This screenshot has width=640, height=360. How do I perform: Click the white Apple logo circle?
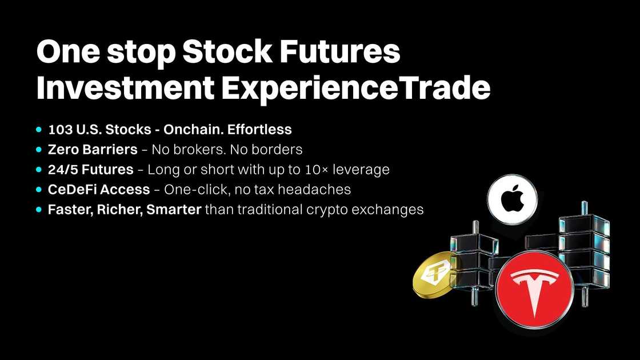[512, 199]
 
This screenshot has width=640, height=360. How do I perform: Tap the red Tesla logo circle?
[534, 289]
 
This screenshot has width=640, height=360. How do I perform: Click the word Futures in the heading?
[339, 51]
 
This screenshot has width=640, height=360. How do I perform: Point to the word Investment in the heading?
[125, 88]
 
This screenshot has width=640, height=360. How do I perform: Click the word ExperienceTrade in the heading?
[355, 89]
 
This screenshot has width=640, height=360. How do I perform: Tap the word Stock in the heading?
[227, 51]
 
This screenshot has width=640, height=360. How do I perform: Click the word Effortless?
[259, 129]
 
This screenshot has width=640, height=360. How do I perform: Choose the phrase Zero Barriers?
[93, 149]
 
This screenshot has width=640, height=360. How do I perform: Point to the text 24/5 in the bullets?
[63, 169]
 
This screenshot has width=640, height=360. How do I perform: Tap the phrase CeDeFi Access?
[99, 189]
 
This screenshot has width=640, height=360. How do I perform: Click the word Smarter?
[174, 209]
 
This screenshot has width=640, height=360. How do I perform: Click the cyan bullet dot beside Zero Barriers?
[39, 150]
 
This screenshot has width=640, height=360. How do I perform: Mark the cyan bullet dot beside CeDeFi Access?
[39, 190]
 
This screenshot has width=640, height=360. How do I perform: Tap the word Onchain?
[194, 129]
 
